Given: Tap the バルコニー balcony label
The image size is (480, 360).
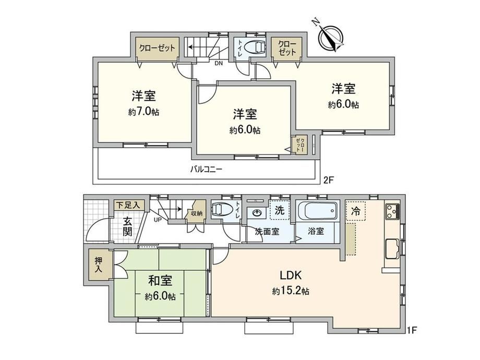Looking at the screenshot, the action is pyautogui.click(x=206, y=169).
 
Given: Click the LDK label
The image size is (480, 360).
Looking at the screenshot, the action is pyautogui.click(x=291, y=275).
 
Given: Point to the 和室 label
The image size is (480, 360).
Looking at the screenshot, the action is pyautogui.click(x=160, y=281).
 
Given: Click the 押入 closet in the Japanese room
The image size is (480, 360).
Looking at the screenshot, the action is pyautogui.click(x=99, y=265).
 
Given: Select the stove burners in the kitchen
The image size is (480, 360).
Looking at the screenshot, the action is pyautogui.click(x=392, y=211).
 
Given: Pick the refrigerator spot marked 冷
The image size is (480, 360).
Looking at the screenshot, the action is pyautogui.click(x=355, y=211).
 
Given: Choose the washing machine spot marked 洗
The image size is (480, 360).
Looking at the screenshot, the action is pyautogui.click(x=280, y=210).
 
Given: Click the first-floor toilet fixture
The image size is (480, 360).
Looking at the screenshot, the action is pyautogui.click(x=221, y=210).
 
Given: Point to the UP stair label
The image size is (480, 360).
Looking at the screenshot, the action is pyautogui.click(x=158, y=220).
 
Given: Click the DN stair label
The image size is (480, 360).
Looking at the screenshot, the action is pyautogui.click(x=219, y=64).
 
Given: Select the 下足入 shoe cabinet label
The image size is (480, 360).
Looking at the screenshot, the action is pyautogui.click(x=128, y=205).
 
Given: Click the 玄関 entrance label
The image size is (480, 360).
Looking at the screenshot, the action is pyautogui.click(x=128, y=226).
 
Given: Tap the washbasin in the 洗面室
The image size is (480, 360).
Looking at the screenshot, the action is pyautogui.click(x=257, y=212).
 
